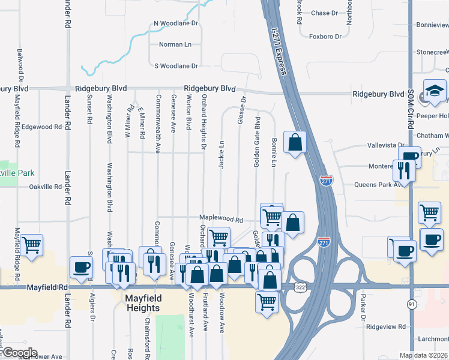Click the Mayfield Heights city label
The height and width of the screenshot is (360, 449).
tap(143, 302)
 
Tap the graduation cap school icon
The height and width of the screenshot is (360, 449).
tap(433, 92)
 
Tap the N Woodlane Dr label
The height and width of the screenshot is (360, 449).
tap(176, 23)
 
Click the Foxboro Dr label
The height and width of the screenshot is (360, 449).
tap(325, 37)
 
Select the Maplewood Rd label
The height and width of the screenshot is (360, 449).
tap(221, 220)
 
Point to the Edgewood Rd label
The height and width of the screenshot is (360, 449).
tap(41, 127)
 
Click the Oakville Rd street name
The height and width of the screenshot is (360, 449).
tap(46, 187)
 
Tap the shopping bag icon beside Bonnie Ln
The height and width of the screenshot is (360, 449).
tap(295, 143)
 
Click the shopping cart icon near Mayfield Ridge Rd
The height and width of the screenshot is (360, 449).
tap(31, 244)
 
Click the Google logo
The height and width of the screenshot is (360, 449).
tap(20, 353)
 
